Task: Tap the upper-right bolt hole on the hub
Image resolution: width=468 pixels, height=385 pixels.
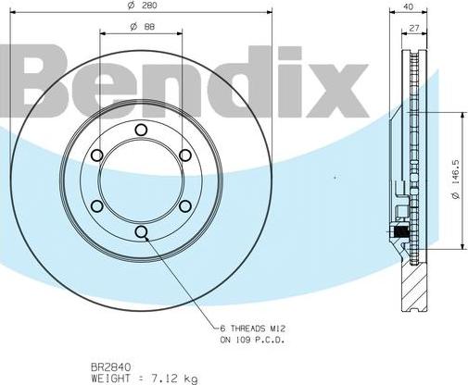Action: tap(184, 155)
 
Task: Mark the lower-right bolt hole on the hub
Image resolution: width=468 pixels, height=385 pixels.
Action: tap(184, 205)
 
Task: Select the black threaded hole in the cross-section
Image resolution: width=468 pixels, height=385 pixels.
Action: tap(400, 230)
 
